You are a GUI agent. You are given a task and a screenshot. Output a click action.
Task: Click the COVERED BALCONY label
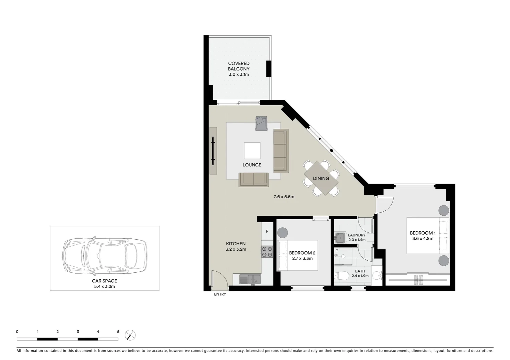coord(238,66)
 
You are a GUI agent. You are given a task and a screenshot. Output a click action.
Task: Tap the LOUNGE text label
coord(252,165)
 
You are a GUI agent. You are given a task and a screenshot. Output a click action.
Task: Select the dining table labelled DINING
coord(321,178)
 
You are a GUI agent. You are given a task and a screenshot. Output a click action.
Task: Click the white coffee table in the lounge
coord(252,151)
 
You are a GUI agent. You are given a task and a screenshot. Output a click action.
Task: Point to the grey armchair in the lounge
coord(261,123)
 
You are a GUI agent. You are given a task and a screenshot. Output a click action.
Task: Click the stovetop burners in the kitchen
coord(267,251)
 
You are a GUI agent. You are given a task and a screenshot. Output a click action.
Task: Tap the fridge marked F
coord(267,231)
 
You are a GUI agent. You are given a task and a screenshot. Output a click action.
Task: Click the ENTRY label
coord(220,294)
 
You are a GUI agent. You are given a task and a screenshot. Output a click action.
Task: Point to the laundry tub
coord(340,238)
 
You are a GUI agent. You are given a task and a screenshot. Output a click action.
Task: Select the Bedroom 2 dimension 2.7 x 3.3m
coord(302,258)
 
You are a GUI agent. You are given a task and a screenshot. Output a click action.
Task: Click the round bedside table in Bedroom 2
coord(283,232)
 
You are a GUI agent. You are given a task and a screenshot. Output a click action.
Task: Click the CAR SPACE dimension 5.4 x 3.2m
coord(104,286)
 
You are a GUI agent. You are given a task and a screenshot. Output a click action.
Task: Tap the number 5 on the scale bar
coord(118,332)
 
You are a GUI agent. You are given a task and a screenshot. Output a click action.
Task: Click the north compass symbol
coord(130,335)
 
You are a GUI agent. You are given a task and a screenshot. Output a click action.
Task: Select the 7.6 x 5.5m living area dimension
coord(284,197)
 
